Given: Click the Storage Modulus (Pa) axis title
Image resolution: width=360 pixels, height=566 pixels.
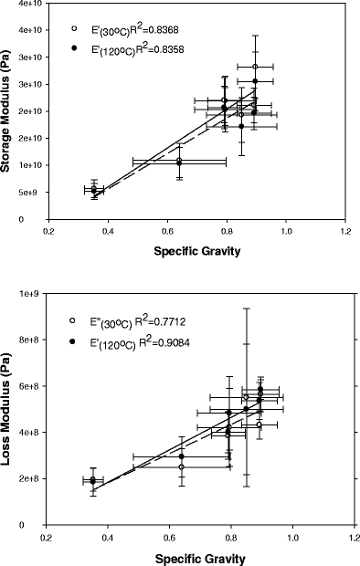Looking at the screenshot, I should click(x=10, y=110).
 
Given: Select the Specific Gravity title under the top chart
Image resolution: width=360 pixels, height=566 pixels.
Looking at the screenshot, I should click(x=197, y=252).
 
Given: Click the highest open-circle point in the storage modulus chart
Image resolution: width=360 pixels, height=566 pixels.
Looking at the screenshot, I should click(x=255, y=67).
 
